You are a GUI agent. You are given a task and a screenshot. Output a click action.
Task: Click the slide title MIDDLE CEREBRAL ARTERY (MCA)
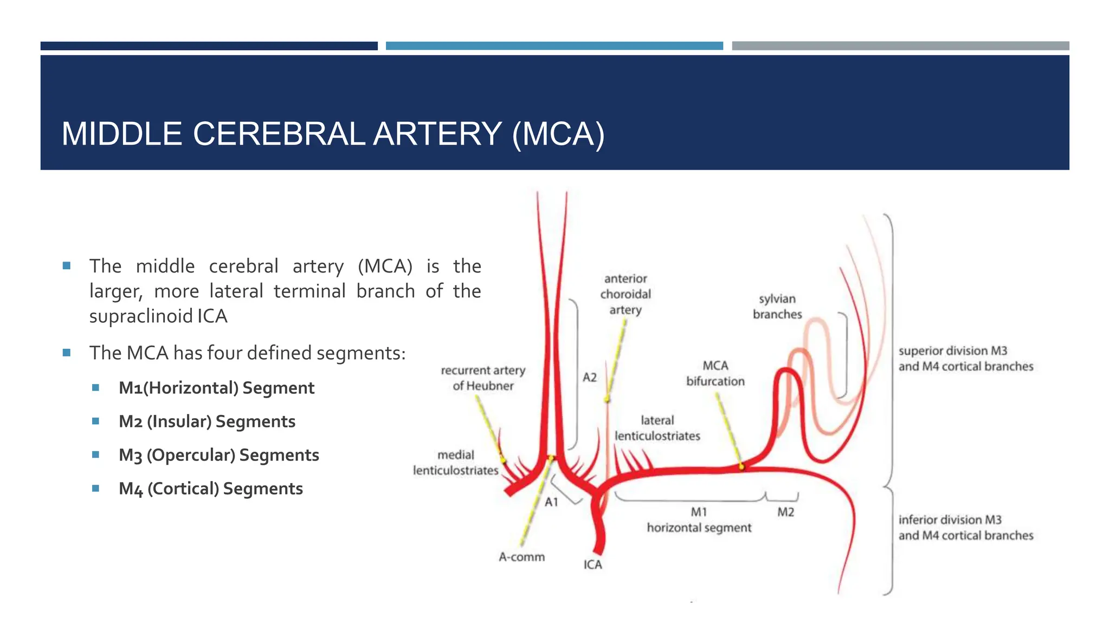click(x=333, y=134)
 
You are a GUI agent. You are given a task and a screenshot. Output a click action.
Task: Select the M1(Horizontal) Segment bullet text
click(x=216, y=388)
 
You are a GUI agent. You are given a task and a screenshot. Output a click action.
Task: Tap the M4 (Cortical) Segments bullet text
click(x=210, y=489)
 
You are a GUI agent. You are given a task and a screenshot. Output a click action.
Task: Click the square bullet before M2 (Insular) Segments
click(x=96, y=421)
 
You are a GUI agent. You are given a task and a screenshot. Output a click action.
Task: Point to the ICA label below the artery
click(x=592, y=564)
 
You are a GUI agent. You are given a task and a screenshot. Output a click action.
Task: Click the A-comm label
click(x=521, y=557)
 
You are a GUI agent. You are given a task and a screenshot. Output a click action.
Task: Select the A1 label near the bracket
click(x=551, y=502)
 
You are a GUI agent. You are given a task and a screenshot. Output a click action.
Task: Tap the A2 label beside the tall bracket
click(x=589, y=377)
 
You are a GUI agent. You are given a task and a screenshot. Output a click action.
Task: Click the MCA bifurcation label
click(x=715, y=373)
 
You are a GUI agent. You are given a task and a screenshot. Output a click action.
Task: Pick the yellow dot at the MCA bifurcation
click(x=741, y=466)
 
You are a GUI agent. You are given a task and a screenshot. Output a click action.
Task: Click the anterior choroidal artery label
click(x=625, y=294)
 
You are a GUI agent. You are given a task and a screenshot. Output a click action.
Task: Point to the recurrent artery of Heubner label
click(x=483, y=378)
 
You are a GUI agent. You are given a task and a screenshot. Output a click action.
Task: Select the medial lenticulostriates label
click(x=455, y=463)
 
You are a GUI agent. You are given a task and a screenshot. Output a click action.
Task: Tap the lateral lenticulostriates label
click(x=657, y=428)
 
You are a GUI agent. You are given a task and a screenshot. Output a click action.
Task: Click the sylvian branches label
click(x=777, y=307)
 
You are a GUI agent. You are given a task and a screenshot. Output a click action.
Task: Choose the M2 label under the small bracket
click(x=785, y=512)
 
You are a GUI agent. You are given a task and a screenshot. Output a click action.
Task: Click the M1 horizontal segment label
click(x=699, y=520)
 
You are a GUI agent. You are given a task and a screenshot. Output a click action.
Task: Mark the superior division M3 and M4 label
click(x=965, y=359)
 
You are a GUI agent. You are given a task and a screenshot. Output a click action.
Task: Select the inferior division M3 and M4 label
click(x=965, y=528)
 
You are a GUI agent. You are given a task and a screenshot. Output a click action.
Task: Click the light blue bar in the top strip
click(x=554, y=46)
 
